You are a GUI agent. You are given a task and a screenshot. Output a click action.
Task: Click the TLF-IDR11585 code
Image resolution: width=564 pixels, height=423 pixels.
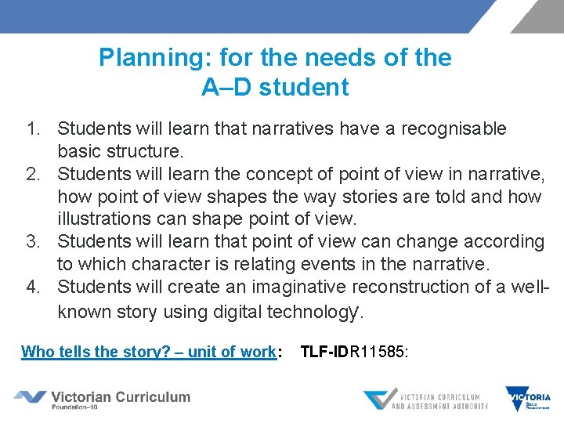353,352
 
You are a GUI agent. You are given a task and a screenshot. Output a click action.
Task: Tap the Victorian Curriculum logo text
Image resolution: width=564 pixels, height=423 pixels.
121,397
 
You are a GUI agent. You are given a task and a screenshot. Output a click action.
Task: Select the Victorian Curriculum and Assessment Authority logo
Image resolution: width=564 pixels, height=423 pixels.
427,399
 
